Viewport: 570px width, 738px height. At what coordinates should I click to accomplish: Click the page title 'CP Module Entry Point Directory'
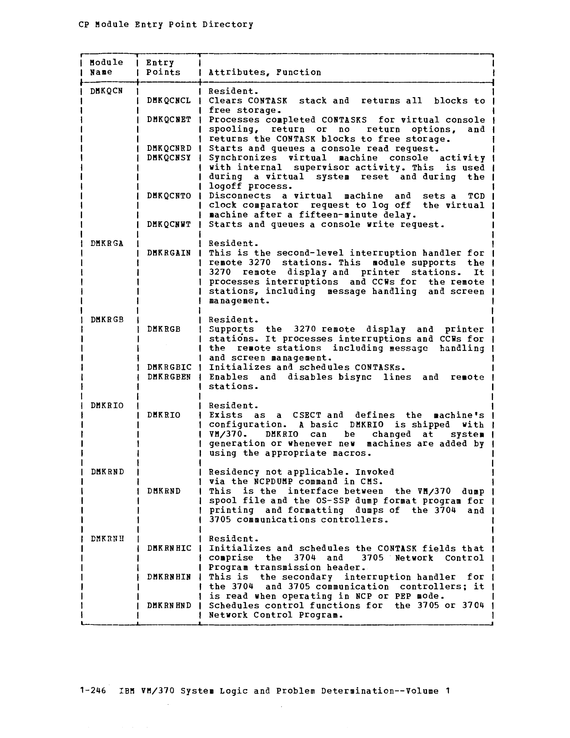pyautogui.click(x=166, y=24)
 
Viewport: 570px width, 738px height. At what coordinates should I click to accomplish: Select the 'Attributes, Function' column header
pyautogui.click(x=265, y=72)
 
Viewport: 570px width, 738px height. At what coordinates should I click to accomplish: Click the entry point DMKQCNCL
pyautogui.click(x=169, y=101)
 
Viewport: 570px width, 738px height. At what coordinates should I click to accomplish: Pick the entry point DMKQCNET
pyautogui.click(x=169, y=120)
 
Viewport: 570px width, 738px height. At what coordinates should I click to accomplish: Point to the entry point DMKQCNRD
pyautogui.click(x=169, y=148)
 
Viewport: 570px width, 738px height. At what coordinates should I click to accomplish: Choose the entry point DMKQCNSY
pyautogui.click(x=169, y=158)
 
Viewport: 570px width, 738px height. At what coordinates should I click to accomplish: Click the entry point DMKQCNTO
pyautogui.click(x=169, y=196)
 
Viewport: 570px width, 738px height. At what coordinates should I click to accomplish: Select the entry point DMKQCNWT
pyautogui.click(x=169, y=224)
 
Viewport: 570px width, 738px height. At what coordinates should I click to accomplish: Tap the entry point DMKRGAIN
pyautogui.click(x=169, y=253)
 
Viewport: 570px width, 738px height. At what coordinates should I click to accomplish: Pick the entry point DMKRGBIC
pyautogui.click(x=169, y=367)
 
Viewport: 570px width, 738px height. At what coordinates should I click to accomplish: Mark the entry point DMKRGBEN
pyautogui.click(x=169, y=377)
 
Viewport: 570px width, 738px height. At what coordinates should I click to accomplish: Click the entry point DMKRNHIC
pyautogui.click(x=169, y=548)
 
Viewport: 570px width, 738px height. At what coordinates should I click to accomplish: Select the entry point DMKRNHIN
pyautogui.click(x=169, y=577)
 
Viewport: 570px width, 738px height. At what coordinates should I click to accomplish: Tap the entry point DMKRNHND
pyautogui.click(x=169, y=605)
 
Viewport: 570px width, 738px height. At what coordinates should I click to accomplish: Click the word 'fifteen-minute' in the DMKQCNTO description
pyautogui.click(x=337, y=215)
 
